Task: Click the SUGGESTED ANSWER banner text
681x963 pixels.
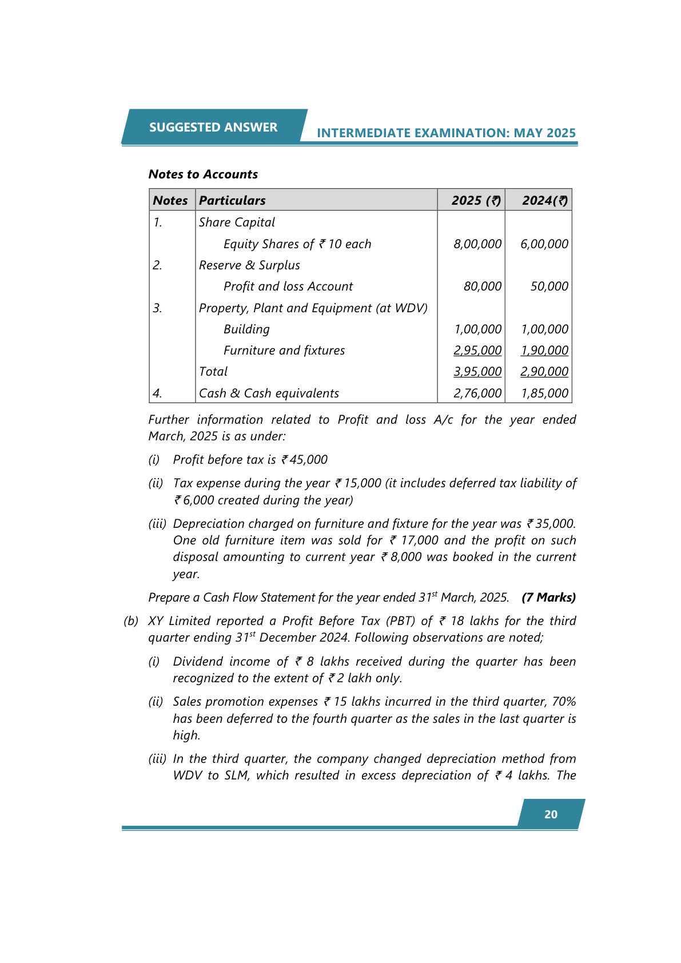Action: pos(213,127)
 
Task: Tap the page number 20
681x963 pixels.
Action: pos(551,814)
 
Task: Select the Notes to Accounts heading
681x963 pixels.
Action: pos(203,174)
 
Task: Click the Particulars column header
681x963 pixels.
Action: pos(232,201)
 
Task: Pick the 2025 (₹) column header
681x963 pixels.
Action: pos(476,201)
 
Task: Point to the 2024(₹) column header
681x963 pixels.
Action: pos(544,201)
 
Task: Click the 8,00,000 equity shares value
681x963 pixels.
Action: pos(477,244)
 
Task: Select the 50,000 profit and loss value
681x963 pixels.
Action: pos(549,286)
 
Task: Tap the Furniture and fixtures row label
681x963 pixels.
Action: pos(284,351)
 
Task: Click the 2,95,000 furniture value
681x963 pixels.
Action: pos(477,351)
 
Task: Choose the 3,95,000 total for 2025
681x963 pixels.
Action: pos(477,372)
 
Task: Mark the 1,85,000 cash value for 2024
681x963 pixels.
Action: pos(544,393)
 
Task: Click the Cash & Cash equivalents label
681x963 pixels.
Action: pos(269,393)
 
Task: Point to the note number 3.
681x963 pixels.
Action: pos(158,308)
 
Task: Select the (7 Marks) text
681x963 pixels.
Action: pos(548,598)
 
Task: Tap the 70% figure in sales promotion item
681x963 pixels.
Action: pos(564,702)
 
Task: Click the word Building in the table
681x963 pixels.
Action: pos(246,329)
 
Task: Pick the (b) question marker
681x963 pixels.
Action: pos(131,621)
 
